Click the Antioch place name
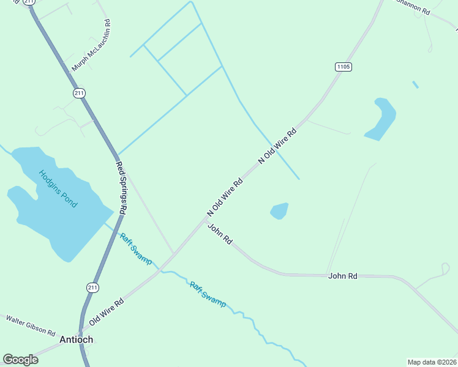[x=76, y=339]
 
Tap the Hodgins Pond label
[x=58, y=188]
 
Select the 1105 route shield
[x=343, y=66]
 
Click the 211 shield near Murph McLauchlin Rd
[x=79, y=93]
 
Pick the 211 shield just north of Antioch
[x=92, y=287]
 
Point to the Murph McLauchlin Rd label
[x=91, y=45]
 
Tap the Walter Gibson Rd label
[x=31, y=325]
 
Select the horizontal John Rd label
[x=342, y=276]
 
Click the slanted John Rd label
[x=220, y=234]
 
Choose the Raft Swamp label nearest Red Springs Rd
[x=135, y=248]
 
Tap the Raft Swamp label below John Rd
[x=207, y=294]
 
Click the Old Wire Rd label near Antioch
[x=107, y=311]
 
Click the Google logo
[x=20, y=360]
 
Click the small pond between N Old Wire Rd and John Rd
[x=279, y=210]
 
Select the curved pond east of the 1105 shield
[x=382, y=119]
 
